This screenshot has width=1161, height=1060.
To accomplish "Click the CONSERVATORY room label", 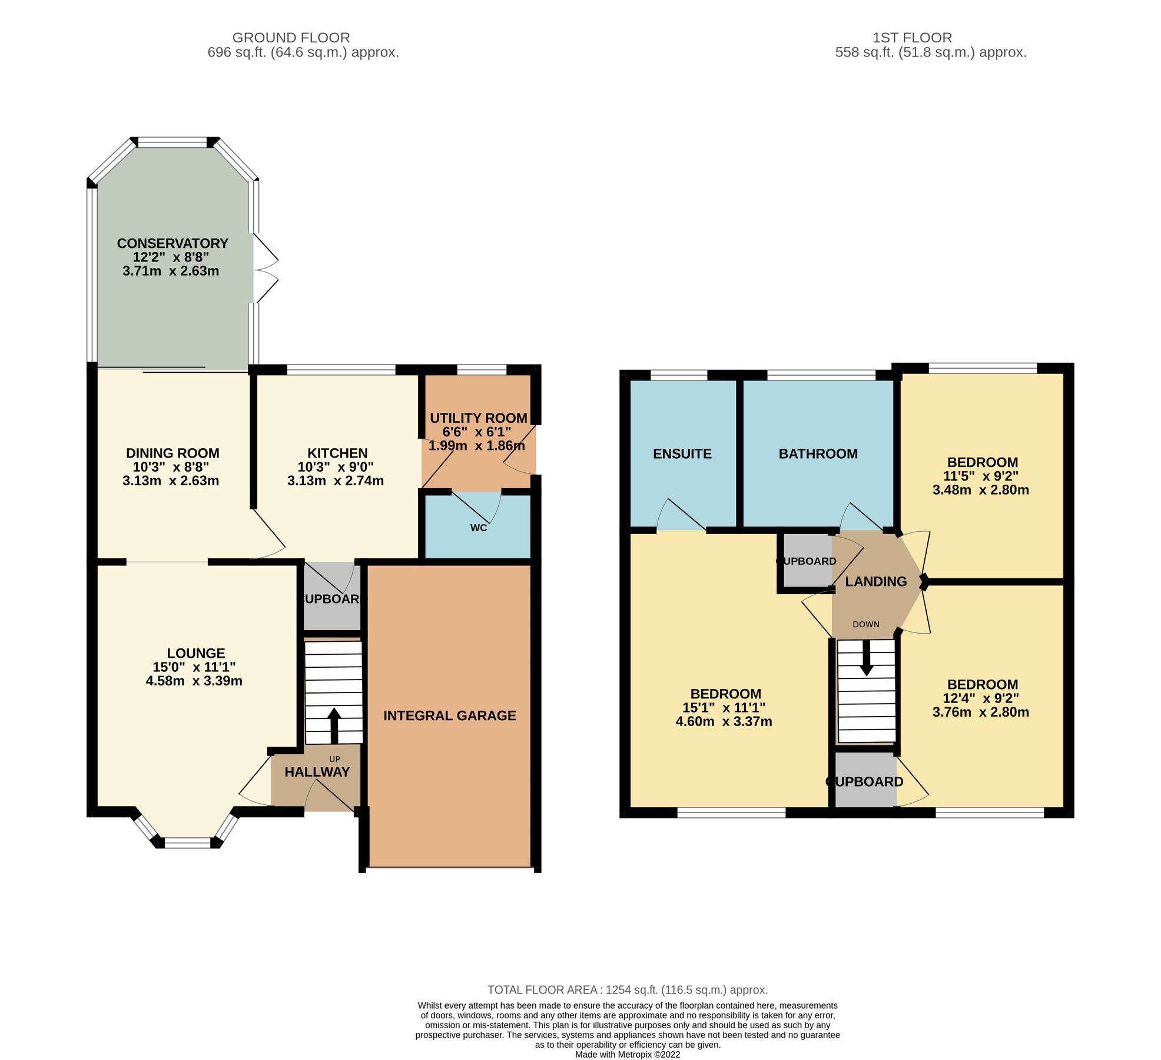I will pos(172,243).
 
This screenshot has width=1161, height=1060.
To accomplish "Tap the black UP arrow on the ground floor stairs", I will pos(334,725).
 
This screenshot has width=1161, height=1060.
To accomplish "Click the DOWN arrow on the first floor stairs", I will pos(866,657).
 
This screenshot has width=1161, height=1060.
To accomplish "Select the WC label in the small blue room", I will pos(479,528).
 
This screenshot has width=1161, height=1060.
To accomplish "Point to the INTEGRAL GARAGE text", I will pos(450,715).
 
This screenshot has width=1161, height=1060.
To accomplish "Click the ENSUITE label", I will pos(682,453).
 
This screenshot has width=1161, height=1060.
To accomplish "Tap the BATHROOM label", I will pos(818,453).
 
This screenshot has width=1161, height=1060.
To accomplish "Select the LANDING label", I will pos(875,581).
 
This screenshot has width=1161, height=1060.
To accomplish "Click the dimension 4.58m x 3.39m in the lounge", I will pos(194,681).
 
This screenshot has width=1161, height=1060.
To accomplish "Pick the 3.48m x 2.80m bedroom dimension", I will pos(981,490).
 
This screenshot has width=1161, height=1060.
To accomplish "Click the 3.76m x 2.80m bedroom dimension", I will pos(981,712).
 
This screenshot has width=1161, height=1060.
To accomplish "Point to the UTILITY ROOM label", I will pos(478,418).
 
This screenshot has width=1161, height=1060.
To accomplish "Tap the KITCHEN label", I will pos(337,453).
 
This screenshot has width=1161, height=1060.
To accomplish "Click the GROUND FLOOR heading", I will pos(291,38).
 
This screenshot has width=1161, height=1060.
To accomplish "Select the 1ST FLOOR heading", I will pos(912,38).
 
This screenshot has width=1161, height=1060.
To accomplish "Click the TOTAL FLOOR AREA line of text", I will pos(628,990).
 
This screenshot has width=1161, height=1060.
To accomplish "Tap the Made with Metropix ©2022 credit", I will pos(628,1055).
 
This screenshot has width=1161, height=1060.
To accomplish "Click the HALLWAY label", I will pos(317,772).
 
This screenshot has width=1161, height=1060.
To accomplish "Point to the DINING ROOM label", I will pos(173,453).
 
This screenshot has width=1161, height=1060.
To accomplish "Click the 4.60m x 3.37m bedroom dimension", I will pos(724,721).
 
